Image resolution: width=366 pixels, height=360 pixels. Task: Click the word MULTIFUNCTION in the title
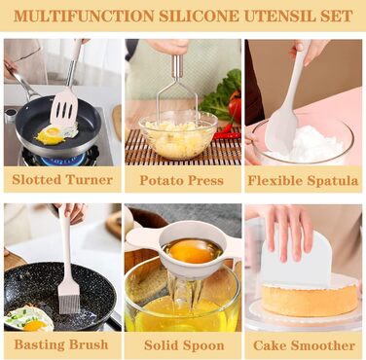click(84, 16)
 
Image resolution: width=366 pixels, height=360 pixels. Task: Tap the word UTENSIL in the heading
click(274, 16)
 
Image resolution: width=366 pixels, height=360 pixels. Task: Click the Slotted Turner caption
click(62, 179)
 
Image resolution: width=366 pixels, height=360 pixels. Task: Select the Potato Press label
click(182, 180)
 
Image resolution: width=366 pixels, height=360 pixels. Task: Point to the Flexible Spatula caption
click(303, 180)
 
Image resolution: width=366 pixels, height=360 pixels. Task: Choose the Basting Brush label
click(61, 344)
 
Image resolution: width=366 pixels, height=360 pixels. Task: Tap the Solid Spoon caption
click(184, 345)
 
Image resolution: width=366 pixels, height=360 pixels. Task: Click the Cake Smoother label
click(304, 345)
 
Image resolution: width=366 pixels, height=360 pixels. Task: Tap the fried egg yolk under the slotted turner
click(53, 131)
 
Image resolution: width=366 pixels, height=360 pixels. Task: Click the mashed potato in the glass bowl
click(178, 138)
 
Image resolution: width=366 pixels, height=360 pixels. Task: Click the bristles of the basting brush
click(69, 299)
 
